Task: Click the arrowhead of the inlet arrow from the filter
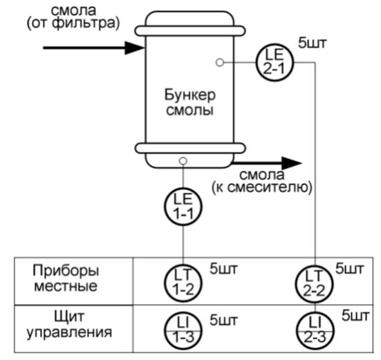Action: [x=135, y=48]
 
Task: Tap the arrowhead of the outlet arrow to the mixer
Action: [x=292, y=163]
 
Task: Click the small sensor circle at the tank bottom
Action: [x=183, y=161]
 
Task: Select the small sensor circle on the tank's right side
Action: [x=220, y=62]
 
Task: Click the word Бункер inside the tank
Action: [x=190, y=95]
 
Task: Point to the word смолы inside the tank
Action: [x=189, y=110]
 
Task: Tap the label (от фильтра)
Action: [x=73, y=23]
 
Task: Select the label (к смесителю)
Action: [x=262, y=187]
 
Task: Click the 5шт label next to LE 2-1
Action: [x=313, y=43]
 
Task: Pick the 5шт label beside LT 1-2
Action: [x=223, y=269]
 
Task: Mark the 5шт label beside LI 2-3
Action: [x=355, y=315]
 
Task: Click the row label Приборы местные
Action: [x=66, y=278]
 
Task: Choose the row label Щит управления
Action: [x=69, y=325]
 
